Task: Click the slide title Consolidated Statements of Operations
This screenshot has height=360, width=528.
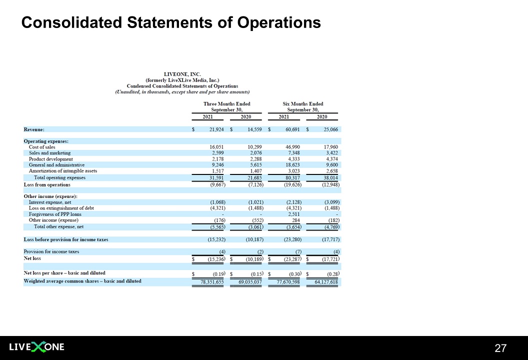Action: pos(170,22)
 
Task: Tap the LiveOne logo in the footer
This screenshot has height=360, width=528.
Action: pos(36,347)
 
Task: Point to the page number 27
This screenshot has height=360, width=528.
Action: pos(500,348)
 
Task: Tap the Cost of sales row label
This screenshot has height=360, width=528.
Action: pos(42,147)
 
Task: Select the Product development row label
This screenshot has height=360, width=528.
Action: pos(50,159)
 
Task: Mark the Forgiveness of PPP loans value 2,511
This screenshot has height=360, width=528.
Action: pos(292,214)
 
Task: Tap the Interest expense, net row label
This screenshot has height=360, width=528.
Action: pos(50,202)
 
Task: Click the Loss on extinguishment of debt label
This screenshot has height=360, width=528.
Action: pos(61,208)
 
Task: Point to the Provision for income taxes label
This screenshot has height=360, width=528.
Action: pos(51,251)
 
